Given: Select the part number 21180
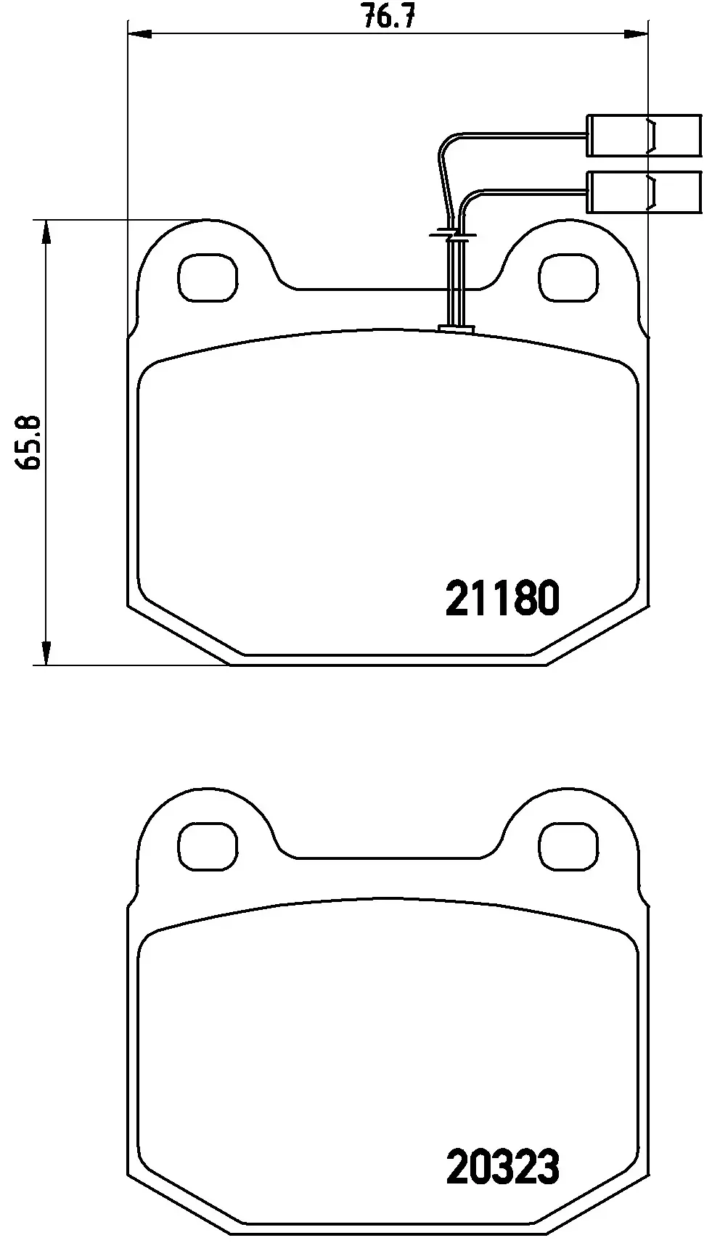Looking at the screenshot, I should point(503,599).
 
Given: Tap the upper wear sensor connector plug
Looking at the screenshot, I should point(644,135).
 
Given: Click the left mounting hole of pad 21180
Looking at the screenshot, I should point(207,278).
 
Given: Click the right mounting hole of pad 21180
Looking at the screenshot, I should point(570,278).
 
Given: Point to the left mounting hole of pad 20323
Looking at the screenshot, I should point(207,847).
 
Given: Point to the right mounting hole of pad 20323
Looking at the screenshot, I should point(570,847).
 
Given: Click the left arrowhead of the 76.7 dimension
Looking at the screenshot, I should point(138,32).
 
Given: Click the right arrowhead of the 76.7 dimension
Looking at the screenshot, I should point(636,32).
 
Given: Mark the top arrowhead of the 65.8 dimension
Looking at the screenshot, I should point(46,232).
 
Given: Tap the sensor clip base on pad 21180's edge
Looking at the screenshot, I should point(457,330).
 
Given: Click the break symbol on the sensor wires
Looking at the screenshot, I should point(453,235).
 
